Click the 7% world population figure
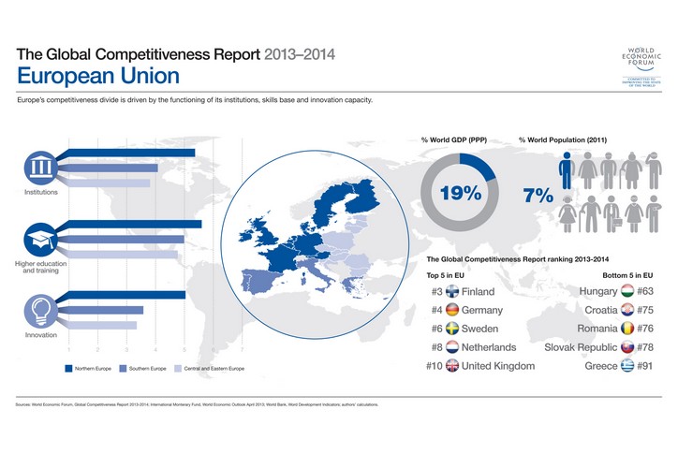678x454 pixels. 538,197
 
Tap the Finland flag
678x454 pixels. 453,292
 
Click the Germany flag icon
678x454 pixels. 453,310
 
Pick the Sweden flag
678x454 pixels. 453,329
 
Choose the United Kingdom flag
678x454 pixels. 453,365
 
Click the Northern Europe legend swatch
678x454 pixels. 68,369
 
